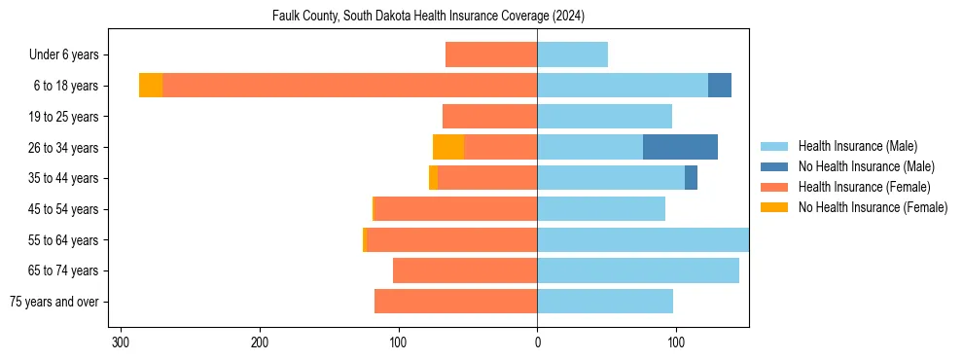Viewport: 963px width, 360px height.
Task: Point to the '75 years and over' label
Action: tap(54, 302)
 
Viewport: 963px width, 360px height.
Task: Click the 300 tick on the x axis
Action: tap(121, 342)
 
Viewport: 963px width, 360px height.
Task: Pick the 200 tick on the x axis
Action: tap(260, 342)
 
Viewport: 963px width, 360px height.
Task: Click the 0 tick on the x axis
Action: tap(537, 342)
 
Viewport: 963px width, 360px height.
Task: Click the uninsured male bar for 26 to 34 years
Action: tap(680, 147)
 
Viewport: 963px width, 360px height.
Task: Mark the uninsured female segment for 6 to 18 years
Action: tap(151, 86)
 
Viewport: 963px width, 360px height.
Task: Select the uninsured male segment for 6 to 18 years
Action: tap(720, 86)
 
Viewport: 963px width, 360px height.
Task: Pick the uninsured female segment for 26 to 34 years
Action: tap(448, 147)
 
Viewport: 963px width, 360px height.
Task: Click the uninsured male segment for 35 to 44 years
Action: tap(691, 178)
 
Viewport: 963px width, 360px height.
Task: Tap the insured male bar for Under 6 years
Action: tap(572, 54)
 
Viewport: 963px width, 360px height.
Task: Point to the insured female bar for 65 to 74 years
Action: tap(465, 270)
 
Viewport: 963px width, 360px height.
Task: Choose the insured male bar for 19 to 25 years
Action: tap(604, 117)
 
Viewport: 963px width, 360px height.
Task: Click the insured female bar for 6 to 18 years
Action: tap(350, 86)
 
